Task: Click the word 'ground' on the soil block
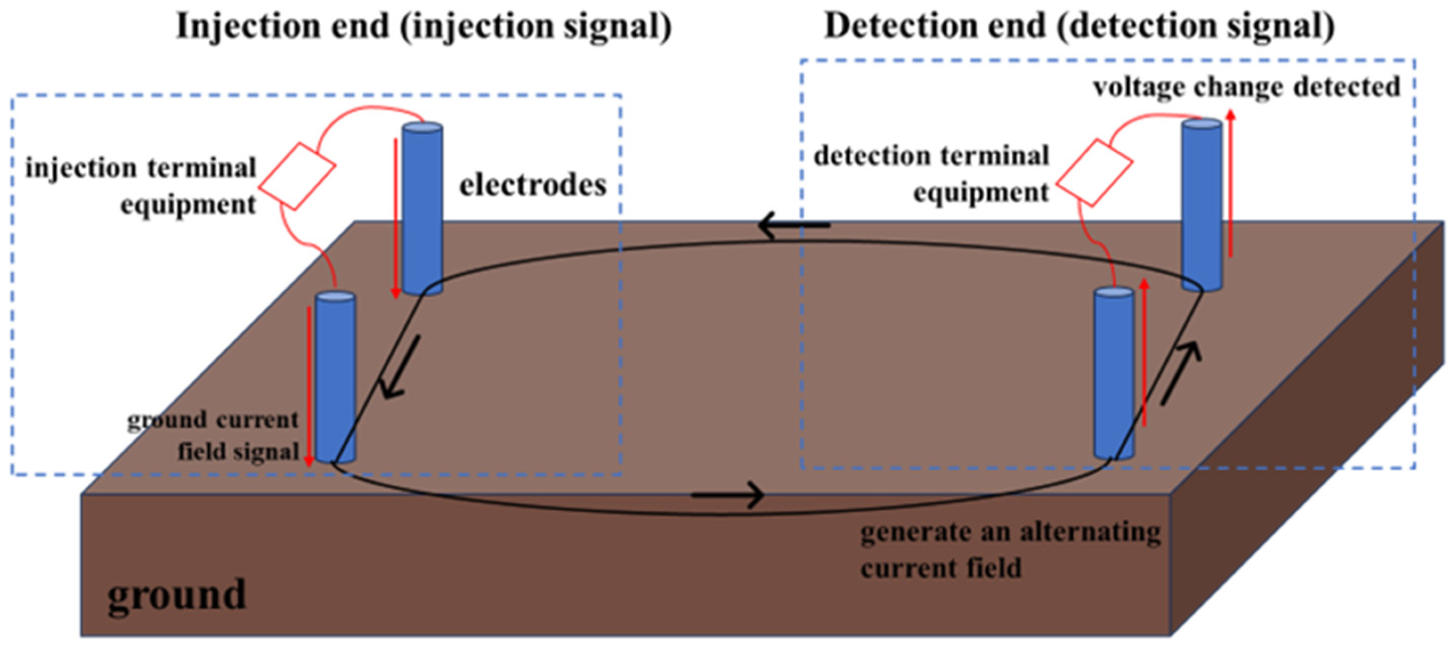pyautogui.click(x=176, y=596)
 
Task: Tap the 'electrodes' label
pyautogui.click(x=532, y=186)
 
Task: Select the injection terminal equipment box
pyautogui.click(x=297, y=176)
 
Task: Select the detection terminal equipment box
pyautogui.click(x=1095, y=172)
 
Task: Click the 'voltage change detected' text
pyautogui.click(x=1247, y=88)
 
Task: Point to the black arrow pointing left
pyautogui.click(x=793, y=226)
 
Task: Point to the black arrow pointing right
pyautogui.click(x=728, y=496)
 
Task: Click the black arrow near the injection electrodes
pyautogui.click(x=401, y=367)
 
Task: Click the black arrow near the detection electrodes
pyautogui.click(x=1180, y=375)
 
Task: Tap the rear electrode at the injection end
pyautogui.click(x=422, y=209)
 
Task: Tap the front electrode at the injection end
pyautogui.click(x=335, y=377)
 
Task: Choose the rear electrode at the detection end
pyautogui.click(x=1202, y=206)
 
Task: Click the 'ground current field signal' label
pyautogui.click(x=213, y=436)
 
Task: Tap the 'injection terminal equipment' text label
pyautogui.click(x=141, y=186)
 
